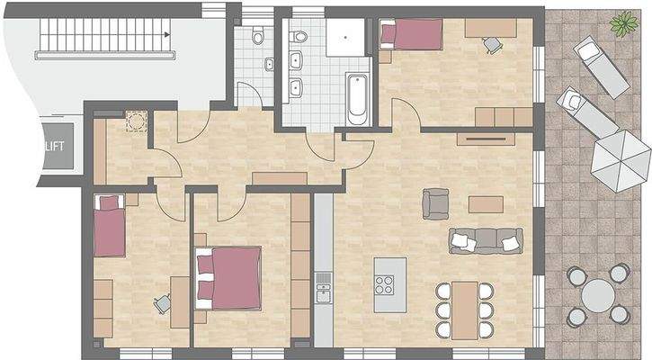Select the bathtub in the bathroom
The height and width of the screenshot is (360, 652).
tap(357, 100)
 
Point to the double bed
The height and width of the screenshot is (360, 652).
tap(229, 278)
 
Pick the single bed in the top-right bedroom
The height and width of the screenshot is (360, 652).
tap(411, 35)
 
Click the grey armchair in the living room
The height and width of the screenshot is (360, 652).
tap(435, 203)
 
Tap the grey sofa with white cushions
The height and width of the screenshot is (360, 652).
tap(486, 239)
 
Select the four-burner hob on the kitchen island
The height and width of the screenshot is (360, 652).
tap(385, 285)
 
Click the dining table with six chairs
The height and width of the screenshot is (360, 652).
tap(464, 310)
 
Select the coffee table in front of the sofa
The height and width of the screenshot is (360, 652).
tap(486, 204)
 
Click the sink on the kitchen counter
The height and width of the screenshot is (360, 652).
tap(323, 292)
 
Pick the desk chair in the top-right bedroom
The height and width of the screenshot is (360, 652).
tap(492, 42)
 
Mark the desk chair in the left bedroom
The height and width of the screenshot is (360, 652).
tap(162, 304)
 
